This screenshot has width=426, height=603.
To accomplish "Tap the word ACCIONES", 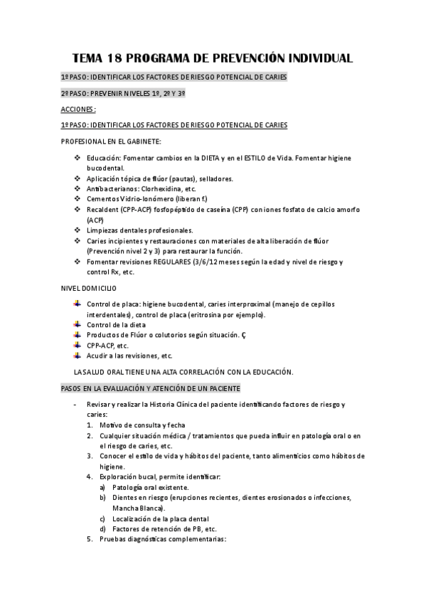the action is click(78, 110).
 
